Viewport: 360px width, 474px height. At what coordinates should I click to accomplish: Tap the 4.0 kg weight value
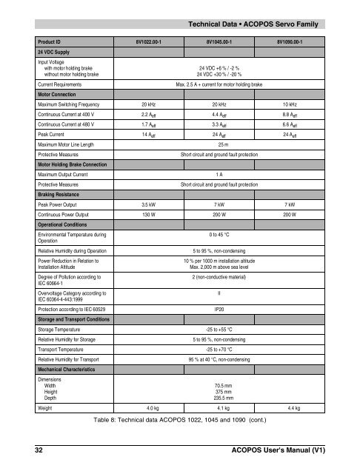coord(154,408)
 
